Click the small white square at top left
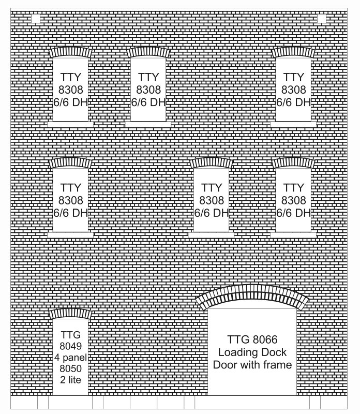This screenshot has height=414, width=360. click(35, 19)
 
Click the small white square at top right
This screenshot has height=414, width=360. click(321, 19)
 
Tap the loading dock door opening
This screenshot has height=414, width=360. click(252, 352)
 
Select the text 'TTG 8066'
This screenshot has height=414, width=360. click(252, 339)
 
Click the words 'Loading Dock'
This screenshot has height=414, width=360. click(252, 352)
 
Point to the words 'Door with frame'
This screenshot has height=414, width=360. click(252, 365)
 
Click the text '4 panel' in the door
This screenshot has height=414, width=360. click(70, 358)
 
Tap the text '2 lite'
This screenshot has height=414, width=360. click(70, 380)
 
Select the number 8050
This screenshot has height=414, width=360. click(70, 368)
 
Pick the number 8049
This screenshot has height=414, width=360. click(70, 346)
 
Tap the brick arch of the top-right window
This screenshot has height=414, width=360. click(293, 51)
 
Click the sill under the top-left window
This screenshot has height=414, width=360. click(70, 124)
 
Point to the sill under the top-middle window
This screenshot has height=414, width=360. click(148, 124)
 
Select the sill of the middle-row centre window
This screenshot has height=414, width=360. click(211, 235)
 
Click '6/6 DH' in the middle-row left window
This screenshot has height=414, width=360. click(70, 213)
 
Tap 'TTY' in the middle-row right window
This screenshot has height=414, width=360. click(293, 188)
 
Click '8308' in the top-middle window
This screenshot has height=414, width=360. click(148, 90)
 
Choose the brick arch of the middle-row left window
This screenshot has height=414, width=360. click(70, 162)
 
